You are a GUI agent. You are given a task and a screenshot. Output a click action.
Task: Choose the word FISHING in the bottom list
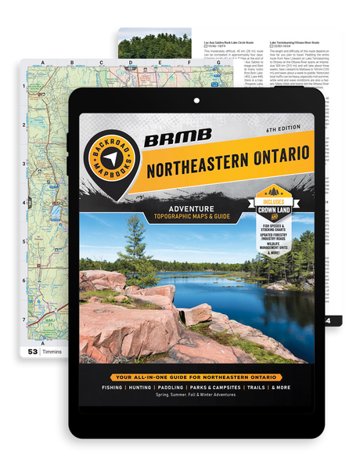point(110,398)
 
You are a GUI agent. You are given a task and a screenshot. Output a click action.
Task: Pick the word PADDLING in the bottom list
point(175,398)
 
